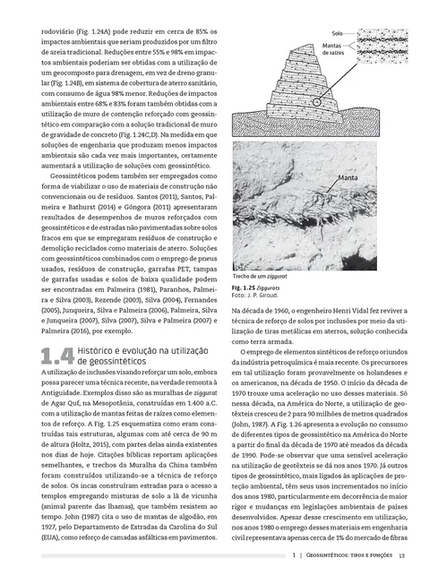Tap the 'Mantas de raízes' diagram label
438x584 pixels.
(x=333, y=51)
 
